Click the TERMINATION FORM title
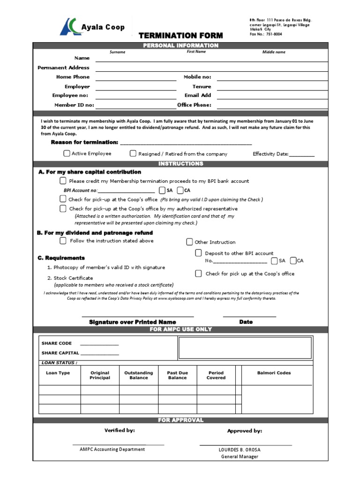click(x=180, y=36)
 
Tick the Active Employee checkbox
click(x=67, y=153)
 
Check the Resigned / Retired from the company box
click(x=133, y=153)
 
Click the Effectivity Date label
click(x=270, y=154)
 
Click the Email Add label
click(x=198, y=96)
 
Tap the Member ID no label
click(x=74, y=105)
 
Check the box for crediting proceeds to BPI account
click(x=63, y=181)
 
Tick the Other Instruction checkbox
click(x=189, y=242)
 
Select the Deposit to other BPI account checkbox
click(x=198, y=253)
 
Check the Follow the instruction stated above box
click(x=63, y=241)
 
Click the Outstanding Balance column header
click(x=138, y=375)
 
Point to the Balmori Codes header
click(x=274, y=373)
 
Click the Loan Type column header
click(x=58, y=373)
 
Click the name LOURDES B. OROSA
click(x=240, y=450)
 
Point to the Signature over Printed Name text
click(x=132, y=322)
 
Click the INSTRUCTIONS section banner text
click(x=180, y=164)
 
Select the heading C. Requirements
click(x=61, y=258)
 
